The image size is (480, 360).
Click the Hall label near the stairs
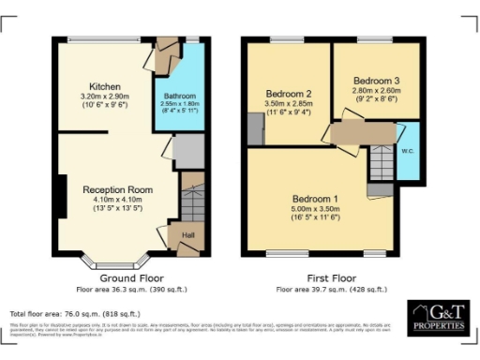pyautogui.click(x=187, y=236)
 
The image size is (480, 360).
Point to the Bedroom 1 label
pyautogui.click(x=316, y=200)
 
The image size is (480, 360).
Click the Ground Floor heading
pyautogui.click(x=132, y=278)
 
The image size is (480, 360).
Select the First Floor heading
pyautogui.click(x=331, y=278)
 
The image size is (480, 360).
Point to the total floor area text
pyautogui.click(x=75, y=313)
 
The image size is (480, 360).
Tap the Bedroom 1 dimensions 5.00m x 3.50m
pyautogui.click(x=316, y=210)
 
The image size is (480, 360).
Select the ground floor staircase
pyautogui.click(x=191, y=201)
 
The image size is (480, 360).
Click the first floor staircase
pyautogui.click(x=379, y=166)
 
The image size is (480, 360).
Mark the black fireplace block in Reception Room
pyautogui.click(x=58, y=199)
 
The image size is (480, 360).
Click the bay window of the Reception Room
pyautogui.click(x=124, y=260)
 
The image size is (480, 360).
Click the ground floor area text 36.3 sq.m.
pyautogui.click(x=132, y=290)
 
